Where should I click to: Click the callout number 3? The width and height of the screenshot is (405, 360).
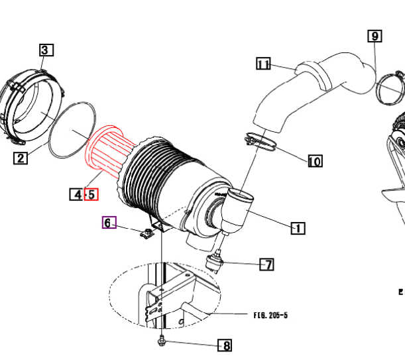(x=46, y=50)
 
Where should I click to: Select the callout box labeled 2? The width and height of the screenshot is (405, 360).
(x=21, y=157)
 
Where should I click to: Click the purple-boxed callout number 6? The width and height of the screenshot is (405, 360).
(x=109, y=223)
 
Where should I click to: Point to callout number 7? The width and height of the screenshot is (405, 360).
(x=266, y=265)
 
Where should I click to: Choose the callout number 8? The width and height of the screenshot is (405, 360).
(x=226, y=345)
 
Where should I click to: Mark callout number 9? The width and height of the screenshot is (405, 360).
(x=375, y=36)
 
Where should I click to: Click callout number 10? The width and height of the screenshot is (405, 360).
(x=315, y=160)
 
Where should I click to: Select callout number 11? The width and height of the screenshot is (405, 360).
(x=264, y=64)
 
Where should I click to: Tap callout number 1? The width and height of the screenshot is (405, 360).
(x=298, y=210)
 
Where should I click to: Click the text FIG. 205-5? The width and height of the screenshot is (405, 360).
(x=270, y=315)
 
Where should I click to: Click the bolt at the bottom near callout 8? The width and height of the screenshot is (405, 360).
(x=162, y=341)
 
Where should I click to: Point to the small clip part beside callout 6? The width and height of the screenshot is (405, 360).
(x=148, y=232)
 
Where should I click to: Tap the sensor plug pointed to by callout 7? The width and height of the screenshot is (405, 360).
(x=215, y=261)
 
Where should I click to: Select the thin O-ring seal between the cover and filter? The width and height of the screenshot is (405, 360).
(x=72, y=129)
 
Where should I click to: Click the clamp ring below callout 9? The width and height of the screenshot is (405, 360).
(x=390, y=90)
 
